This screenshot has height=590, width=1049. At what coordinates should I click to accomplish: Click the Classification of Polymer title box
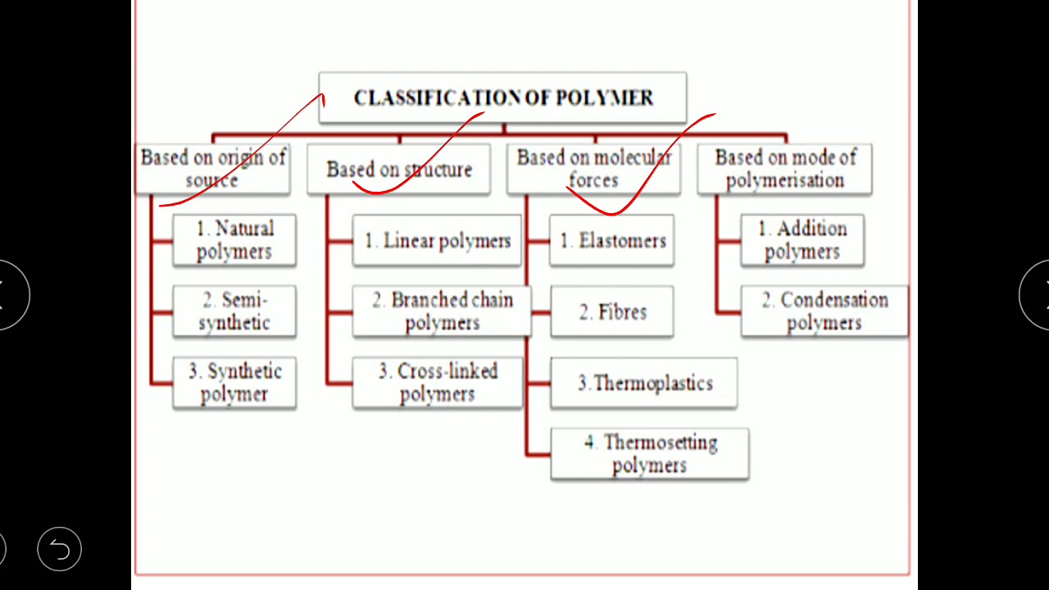502,98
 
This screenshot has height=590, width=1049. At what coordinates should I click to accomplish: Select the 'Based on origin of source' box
213,169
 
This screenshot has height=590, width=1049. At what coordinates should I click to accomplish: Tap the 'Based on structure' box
399,170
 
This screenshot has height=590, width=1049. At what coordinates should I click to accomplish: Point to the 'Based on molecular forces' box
593,169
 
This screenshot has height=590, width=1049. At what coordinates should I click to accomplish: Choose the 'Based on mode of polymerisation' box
785,169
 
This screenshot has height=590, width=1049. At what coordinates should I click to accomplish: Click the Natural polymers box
234,240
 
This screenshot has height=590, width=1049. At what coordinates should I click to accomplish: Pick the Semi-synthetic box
234,311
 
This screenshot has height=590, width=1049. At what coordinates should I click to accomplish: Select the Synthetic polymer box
234,383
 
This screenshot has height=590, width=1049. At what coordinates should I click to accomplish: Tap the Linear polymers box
437,241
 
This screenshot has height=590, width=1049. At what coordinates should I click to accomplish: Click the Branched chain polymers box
442,311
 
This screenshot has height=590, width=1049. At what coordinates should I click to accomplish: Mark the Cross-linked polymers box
438,383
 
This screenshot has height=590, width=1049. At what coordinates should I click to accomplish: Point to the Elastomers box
612,241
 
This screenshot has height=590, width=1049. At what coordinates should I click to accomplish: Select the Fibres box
612,312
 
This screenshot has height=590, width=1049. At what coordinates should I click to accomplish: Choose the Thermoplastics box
644,383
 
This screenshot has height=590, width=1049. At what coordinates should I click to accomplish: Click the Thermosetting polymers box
650,454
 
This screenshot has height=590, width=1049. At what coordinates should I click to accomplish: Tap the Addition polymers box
802,240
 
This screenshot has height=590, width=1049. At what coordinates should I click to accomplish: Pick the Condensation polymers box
824,311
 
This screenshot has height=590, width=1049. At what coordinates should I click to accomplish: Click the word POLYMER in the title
605,98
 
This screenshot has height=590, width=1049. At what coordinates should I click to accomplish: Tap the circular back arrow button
60,548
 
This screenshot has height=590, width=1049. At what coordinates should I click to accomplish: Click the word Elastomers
622,241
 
